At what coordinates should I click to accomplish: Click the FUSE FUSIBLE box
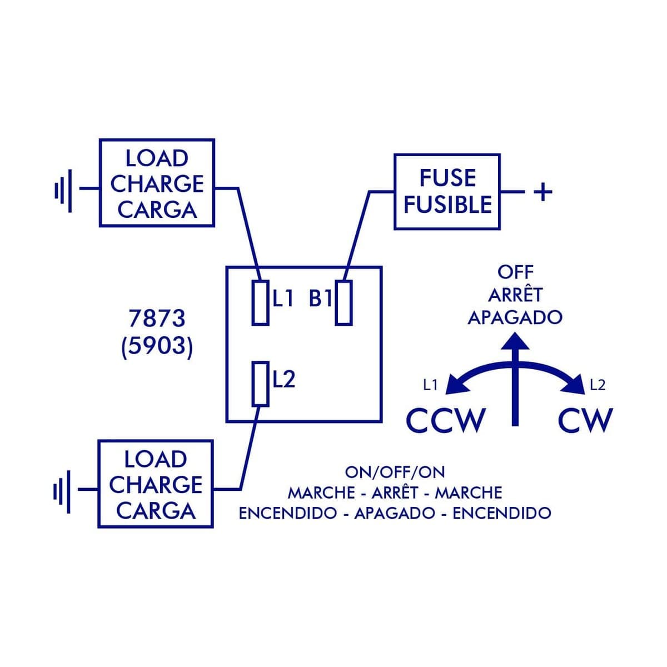click(x=447, y=191)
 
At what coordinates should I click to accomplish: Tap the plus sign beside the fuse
click(x=542, y=192)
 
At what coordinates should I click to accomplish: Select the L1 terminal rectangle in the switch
click(x=260, y=303)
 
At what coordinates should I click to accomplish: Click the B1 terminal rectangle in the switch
click(x=344, y=303)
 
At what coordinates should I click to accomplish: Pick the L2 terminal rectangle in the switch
click(x=260, y=384)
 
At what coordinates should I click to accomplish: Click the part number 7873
click(x=157, y=319)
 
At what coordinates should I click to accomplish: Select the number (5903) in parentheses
click(x=157, y=346)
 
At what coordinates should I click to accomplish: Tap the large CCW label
click(x=446, y=421)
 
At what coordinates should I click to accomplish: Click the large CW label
click(x=585, y=421)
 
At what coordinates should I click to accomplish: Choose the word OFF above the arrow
click(x=515, y=272)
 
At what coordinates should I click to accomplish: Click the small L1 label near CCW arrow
click(x=431, y=385)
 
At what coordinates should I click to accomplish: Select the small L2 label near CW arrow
click(x=598, y=385)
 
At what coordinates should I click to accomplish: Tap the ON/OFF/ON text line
click(x=395, y=472)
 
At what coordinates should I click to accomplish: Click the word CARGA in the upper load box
click(x=157, y=210)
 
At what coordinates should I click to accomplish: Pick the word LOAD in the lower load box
click(x=156, y=460)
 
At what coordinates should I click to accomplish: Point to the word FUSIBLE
click(x=447, y=205)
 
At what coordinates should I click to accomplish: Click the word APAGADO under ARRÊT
click(x=515, y=318)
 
